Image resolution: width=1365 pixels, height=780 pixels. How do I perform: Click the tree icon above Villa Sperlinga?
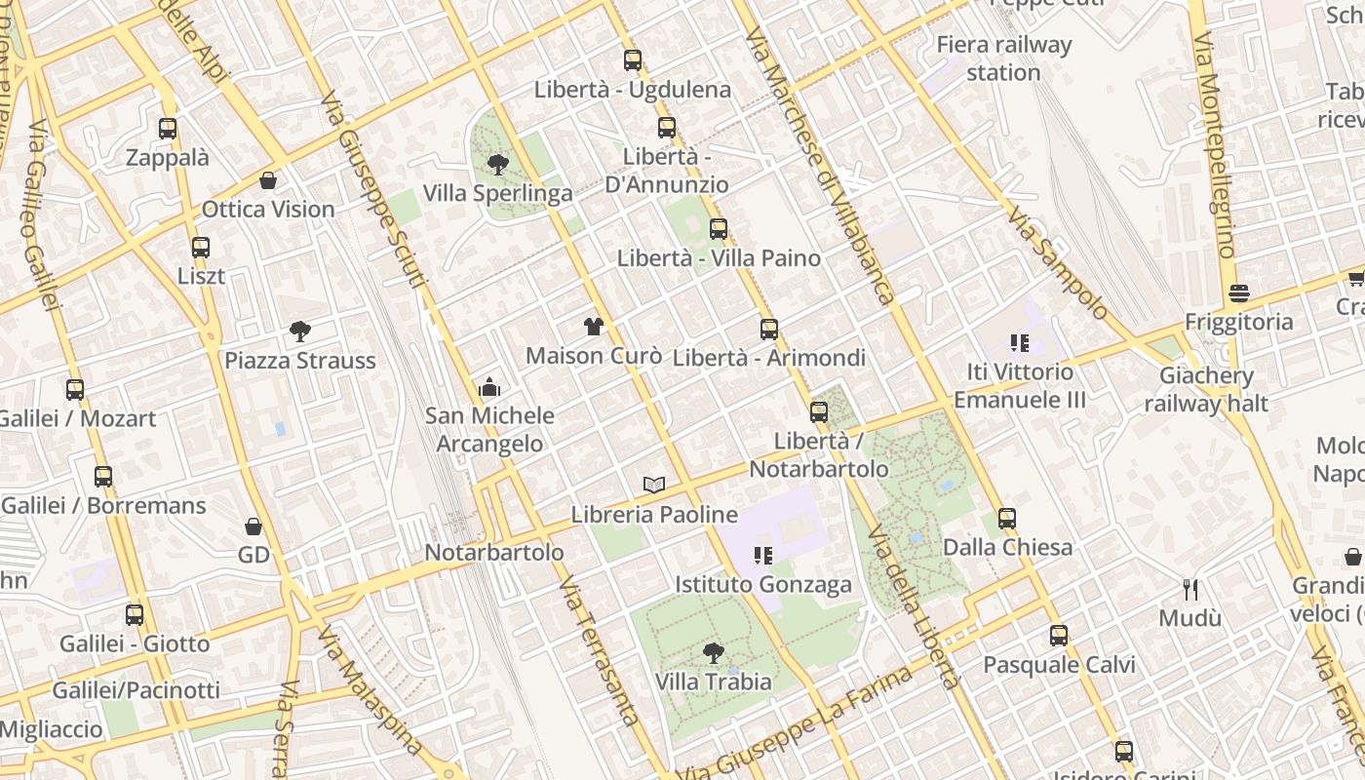[x=498, y=164]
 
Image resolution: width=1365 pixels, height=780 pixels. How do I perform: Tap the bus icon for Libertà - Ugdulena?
[x=633, y=60]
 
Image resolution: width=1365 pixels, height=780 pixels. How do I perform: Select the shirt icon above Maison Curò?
[x=594, y=326]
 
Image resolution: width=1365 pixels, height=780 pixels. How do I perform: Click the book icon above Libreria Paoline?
[x=654, y=485]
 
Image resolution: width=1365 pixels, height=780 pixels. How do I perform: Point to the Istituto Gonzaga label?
[x=763, y=585]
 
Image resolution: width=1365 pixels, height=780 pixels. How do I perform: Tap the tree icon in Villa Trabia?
[x=714, y=652]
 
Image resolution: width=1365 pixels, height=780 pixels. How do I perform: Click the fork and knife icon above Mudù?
[x=1189, y=589]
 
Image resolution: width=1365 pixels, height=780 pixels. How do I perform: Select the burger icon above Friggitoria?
[x=1239, y=292]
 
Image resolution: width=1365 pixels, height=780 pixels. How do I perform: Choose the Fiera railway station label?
[x=1003, y=58]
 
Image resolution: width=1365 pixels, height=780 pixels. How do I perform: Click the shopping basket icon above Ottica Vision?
[x=268, y=180]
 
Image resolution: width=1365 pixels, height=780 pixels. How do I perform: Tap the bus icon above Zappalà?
[x=168, y=128]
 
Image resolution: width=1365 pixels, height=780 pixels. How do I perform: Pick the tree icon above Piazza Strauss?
[x=300, y=331]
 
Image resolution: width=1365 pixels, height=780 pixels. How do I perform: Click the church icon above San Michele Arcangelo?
[x=489, y=387]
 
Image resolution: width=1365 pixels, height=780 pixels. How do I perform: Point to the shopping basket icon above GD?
[x=253, y=526]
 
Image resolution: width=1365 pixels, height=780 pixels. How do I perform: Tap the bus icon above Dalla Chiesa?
[x=1007, y=518]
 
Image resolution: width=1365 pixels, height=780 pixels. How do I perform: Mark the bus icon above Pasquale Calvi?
[x=1059, y=636]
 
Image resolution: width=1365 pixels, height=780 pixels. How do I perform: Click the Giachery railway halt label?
[x=1206, y=389]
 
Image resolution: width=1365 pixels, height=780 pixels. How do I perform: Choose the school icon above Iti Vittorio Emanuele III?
[x=1020, y=342]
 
